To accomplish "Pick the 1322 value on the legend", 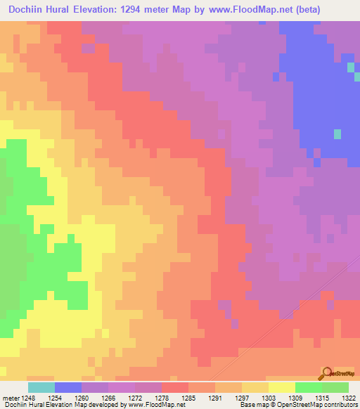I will tap(347, 397).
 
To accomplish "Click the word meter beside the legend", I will tap(10, 397).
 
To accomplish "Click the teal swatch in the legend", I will tap(41, 387).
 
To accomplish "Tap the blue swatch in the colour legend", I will tap(68, 387).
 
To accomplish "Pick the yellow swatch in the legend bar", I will tap(282, 387).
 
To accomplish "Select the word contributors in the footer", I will tap(339, 405).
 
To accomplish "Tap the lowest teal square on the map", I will tap(337, 134).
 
